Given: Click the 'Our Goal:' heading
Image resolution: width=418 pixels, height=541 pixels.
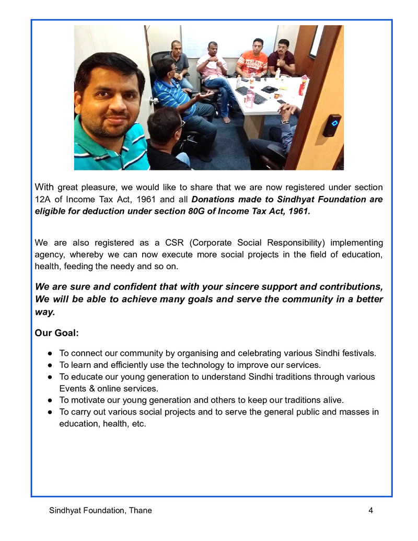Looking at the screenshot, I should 56,333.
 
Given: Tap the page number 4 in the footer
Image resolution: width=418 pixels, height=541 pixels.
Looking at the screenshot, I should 370,510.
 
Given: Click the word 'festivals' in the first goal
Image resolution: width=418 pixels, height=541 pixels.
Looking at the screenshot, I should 358,353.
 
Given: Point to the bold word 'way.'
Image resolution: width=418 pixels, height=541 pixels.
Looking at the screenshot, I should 45,312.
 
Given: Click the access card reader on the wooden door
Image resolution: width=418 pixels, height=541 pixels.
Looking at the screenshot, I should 331,125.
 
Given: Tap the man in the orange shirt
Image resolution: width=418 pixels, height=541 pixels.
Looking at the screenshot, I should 252,60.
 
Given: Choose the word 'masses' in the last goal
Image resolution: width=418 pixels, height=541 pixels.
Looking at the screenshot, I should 356,412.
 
